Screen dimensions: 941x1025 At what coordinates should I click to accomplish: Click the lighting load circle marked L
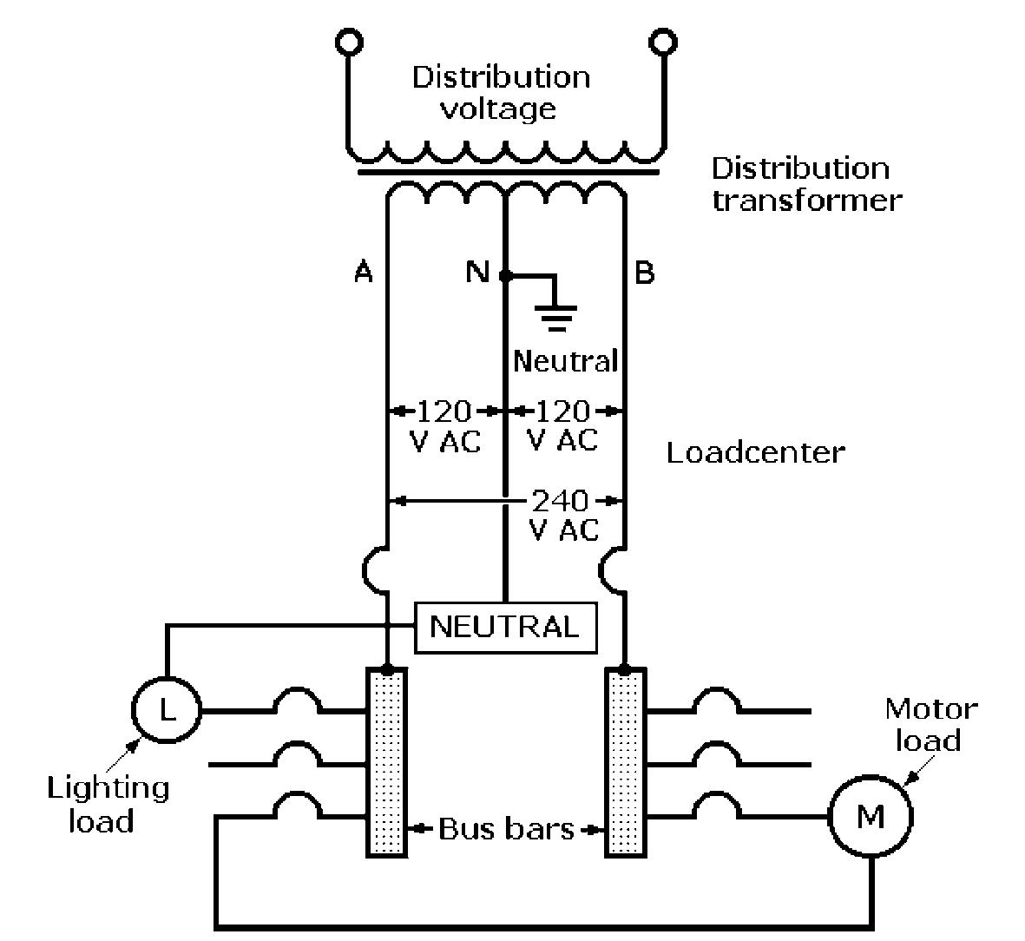[x=165, y=710]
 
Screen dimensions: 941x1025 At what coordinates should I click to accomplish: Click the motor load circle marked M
[x=870, y=817]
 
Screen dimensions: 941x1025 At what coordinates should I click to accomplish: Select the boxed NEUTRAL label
[x=505, y=627]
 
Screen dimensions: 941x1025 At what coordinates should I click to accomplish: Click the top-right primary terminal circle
[x=663, y=41]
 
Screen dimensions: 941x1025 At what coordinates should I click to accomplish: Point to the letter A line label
[x=363, y=273]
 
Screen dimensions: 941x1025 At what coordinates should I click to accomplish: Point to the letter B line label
[x=644, y=273]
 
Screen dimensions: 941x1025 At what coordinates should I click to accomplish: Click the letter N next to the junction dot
[x=476, y=273]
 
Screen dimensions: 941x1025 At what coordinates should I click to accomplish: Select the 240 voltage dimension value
[x=560, y=501]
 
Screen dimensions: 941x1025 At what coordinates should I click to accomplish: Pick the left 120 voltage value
[x=444, y=411]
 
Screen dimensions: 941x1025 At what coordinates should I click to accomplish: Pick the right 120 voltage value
[x=563, y=411]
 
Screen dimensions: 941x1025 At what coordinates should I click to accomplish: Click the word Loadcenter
[x=755, y=452]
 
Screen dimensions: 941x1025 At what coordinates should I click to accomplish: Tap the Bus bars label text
[x=506, y=829]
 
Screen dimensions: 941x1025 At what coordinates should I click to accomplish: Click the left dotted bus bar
[x=386, y=762]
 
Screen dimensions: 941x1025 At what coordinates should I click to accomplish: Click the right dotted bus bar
[x=625, y=762]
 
